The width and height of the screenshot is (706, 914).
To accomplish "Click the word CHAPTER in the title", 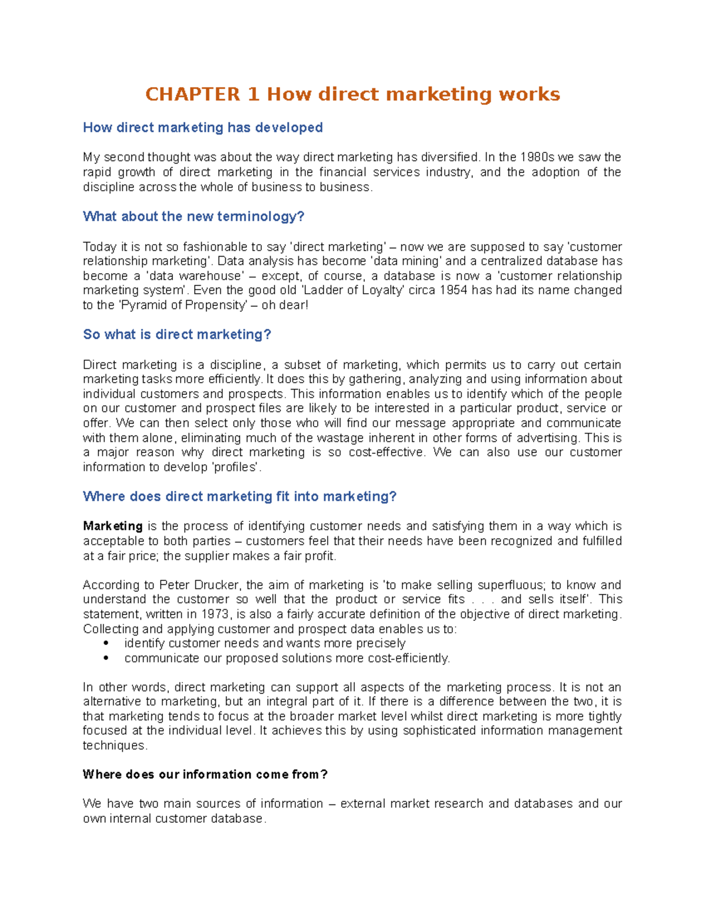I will (x=193, y=94).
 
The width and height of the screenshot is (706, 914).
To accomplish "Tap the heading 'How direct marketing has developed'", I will (x=202, y=128).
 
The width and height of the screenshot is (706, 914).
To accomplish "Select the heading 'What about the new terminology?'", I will (x=194, y=217).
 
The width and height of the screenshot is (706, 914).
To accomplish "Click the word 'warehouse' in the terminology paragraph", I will (x=213, y=276).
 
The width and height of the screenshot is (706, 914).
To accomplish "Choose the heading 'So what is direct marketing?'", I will (x=176, y=335).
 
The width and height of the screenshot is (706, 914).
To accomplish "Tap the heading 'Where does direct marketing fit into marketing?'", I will (x=239, y=497).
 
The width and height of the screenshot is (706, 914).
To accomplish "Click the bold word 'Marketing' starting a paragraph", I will (x=112, y=526).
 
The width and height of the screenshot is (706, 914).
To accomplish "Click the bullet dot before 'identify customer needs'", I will (x=106, y=644).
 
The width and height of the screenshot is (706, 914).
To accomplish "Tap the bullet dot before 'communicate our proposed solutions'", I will (x=106, y=659).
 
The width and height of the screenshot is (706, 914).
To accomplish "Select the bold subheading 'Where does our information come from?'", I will (x=205, y=775).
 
